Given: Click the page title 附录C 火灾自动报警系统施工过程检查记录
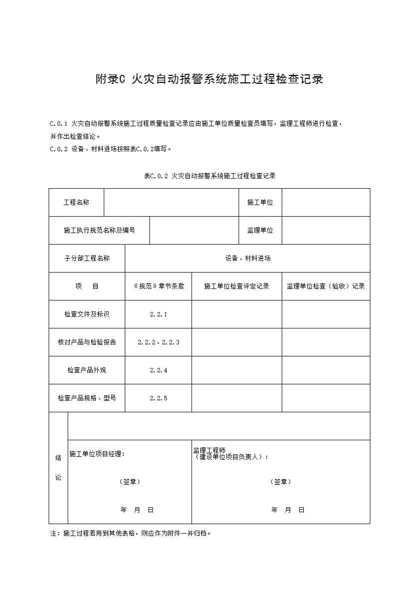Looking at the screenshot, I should [x=209, y=79].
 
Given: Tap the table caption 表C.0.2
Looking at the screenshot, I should [x=209, y=176].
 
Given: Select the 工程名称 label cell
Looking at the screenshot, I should [x=76, y=202].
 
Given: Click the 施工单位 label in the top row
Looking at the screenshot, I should [x=260, y=202].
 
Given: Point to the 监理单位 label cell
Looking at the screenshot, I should [x=260, y=230].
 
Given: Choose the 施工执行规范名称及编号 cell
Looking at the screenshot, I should [x=99, y=230].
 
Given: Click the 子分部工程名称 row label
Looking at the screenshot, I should [x=87, y=258].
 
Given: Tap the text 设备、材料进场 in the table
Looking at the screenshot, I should [x=247, y=258].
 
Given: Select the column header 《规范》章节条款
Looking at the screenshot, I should [x=158, y=286].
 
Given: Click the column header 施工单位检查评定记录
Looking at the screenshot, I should [x=236, y=286].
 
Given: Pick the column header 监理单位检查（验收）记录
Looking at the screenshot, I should [x=326, y=286].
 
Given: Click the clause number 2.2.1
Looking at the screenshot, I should [x=158, y=314].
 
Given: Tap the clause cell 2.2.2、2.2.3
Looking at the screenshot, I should [x=158, y=342].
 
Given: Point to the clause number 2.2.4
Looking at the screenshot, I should [x=158, y=370].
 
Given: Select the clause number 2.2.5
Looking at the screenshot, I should [x=158, y=398].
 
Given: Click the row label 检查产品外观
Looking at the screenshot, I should [x=87, y=370].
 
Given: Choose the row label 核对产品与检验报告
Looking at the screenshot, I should [x=87, y=342].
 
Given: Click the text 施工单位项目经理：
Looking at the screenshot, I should [x=97, y=454].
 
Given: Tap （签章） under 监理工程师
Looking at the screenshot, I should [x=281, y=482].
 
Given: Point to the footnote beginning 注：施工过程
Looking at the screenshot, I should [x=131, y=533].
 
